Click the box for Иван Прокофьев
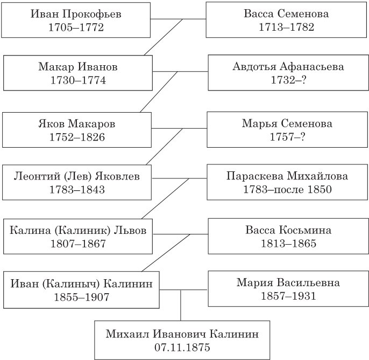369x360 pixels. (76, 20)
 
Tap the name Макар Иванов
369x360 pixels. (78, 67)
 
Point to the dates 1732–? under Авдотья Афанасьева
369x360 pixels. (288, 80)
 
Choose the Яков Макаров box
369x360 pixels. (77, 130)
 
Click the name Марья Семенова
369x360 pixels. (287, 123)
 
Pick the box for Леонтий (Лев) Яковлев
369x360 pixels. (77, 182)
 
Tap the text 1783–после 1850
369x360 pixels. (288, 189)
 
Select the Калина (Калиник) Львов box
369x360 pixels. (77, 236)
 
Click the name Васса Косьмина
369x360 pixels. (288, 230)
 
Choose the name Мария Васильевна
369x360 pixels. (288, 282)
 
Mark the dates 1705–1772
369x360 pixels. (76, 27)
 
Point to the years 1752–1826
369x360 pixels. (77, 137)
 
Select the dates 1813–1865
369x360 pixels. (288, 243)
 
